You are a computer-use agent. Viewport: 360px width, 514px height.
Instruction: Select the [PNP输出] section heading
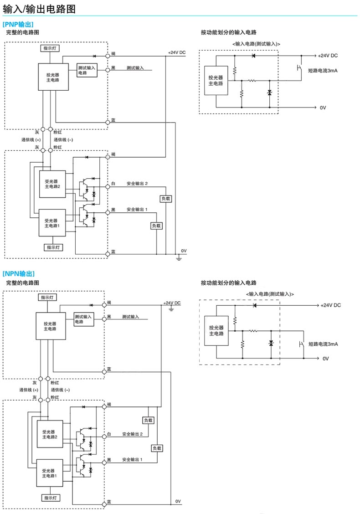[x=18, y=24]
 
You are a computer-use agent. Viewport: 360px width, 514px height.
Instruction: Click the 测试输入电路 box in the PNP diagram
[x=87, y=70]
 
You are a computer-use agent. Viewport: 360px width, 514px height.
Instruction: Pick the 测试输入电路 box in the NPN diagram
[x=83, y=319]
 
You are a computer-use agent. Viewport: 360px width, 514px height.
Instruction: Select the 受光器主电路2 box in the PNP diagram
[x=52, y=184]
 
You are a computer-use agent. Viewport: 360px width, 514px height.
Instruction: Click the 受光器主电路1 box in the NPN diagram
[x=50, y=473]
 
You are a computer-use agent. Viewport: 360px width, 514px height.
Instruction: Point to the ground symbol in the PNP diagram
[x=179, y=259]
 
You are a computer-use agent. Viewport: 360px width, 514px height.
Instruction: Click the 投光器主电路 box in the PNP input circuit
[x=216, y=81]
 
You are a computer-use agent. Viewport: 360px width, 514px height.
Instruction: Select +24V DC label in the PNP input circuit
[x=328, y=56]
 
